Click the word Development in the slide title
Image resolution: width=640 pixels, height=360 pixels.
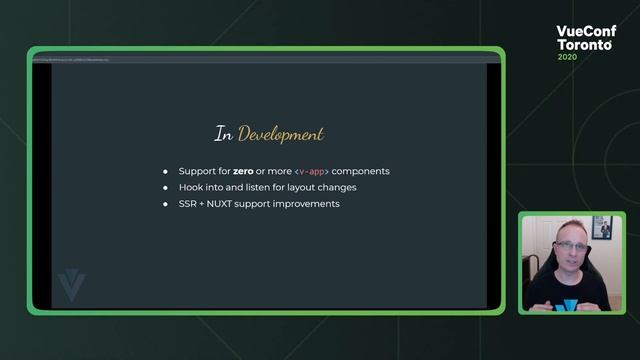click(x=281, y=134)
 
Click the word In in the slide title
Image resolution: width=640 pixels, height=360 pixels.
click(x=224, y=133)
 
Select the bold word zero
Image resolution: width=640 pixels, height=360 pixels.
click(x=243, y=171)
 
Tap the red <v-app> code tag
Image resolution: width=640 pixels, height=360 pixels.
click(x=312, y=171)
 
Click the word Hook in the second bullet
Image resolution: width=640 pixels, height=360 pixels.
click(x=191, y=187)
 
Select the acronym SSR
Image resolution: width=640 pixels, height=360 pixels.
click(x=189, y=203)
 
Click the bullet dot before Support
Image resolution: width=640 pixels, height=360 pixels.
click(x=166, y=171)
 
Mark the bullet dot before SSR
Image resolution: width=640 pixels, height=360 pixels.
click(x=166, y=203)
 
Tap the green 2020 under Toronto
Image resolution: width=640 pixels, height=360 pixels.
click(x=568, y=57)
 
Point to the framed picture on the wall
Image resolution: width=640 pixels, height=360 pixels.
click(x=601, y=227)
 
